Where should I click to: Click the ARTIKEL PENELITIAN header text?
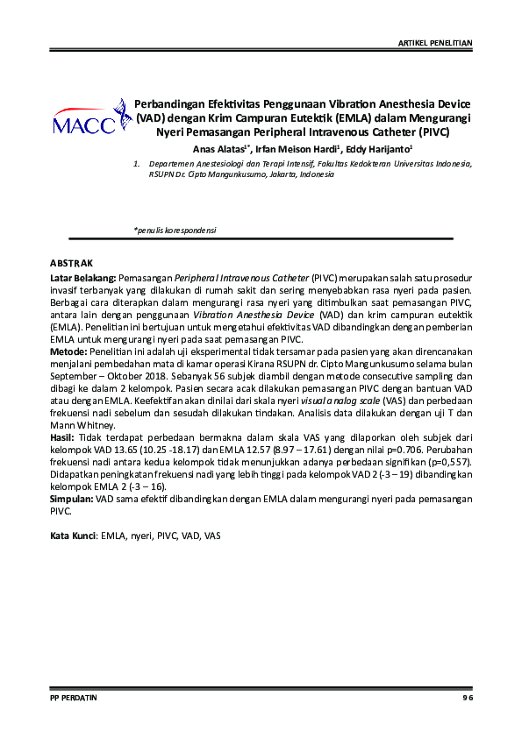point(435,42)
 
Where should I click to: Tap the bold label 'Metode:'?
point(67,350)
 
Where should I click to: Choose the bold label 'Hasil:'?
point(62,436)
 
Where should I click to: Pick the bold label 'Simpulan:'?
point(71,497)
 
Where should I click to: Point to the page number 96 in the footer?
point(468,697)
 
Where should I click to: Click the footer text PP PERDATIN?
point(73,697)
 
